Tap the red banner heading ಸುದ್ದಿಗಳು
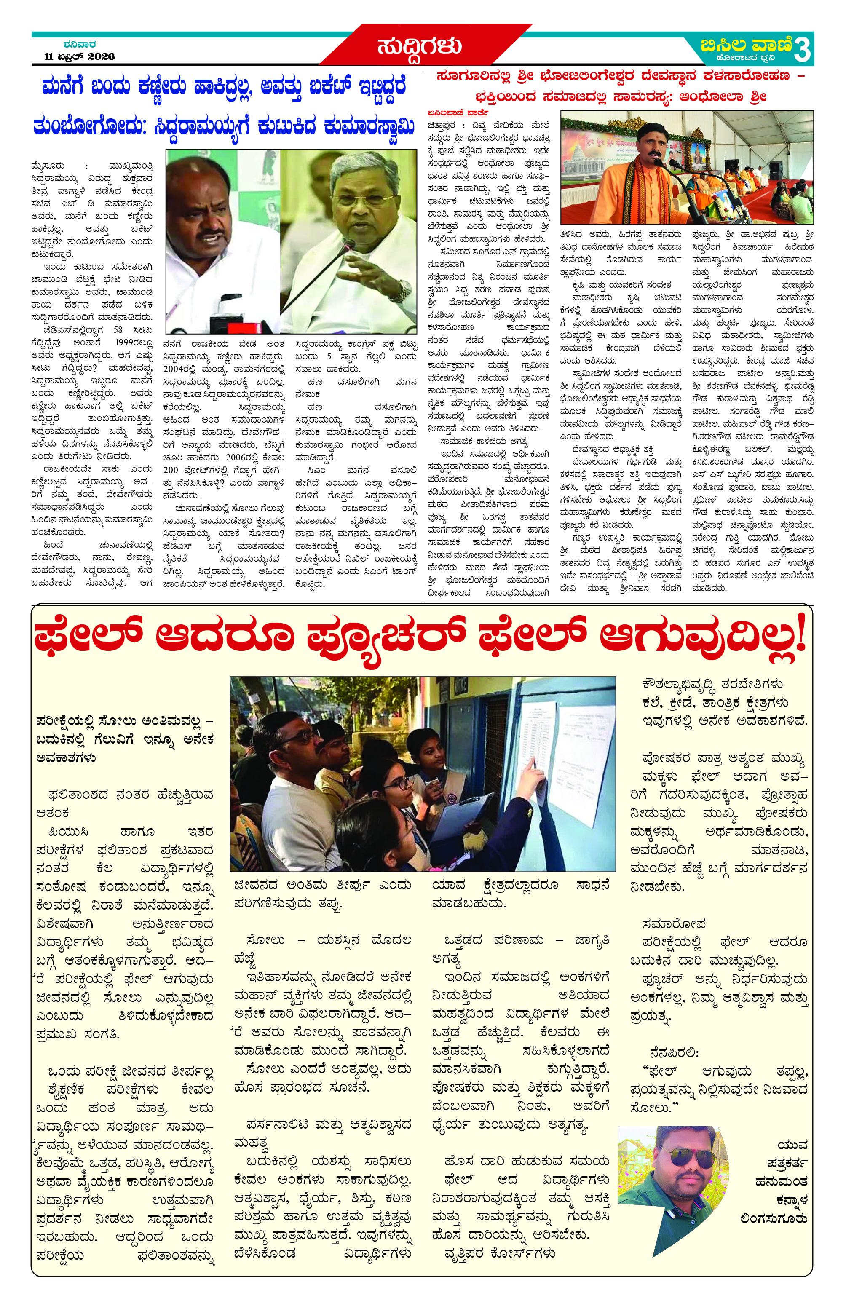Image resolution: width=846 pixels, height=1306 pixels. point(419,45)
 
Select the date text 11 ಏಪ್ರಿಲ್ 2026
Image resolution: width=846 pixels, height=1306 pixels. point(80,56)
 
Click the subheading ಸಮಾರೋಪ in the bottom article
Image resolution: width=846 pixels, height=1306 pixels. point(673,923)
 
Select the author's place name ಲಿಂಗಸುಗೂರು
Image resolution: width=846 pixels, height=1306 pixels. point(773,1219)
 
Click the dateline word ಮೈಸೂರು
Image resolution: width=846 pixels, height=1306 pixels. point(48,166)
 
